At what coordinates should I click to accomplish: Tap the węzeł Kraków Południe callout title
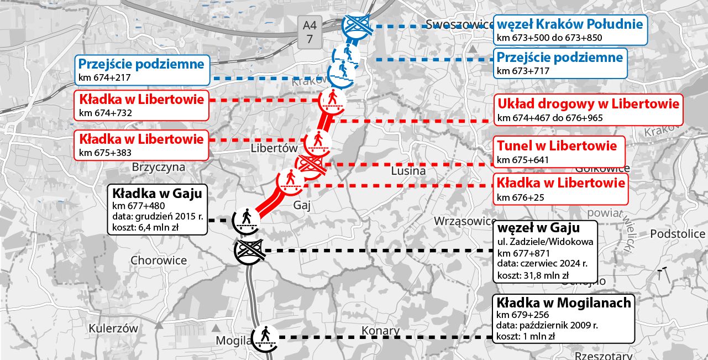tap(569, 24)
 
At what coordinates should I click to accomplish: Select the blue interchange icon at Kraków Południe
tap(356, 25)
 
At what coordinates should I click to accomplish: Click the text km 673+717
tap(522, 71)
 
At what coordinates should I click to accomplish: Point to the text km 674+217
tap(104, 77)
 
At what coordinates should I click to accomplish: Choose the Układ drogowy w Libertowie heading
tap(588, 103)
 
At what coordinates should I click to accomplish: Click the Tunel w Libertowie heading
tap(557, 146)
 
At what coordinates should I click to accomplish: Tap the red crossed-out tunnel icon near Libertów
tap(311, 164)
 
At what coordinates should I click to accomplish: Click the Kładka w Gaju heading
tap(157, 194)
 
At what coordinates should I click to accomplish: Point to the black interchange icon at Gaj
tap(249, 252)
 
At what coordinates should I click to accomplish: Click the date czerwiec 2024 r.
tap(545, 264)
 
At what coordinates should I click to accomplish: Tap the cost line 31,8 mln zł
tap(533, 275)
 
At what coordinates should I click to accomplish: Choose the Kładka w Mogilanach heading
tap(563, 302)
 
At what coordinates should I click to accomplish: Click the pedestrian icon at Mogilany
tap(265, 336)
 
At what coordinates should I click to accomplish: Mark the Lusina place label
tap(408, 171)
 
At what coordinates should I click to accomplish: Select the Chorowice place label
tap(159, 260)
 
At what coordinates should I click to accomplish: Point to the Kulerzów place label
tap(113, 328)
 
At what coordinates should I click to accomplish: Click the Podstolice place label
tap(678, 233)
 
